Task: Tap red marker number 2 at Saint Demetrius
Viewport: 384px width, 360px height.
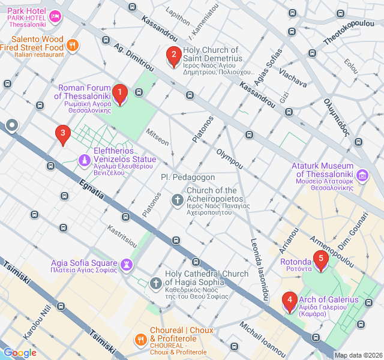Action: click(x=173, y=57)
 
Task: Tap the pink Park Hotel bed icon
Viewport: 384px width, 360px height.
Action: click(x=56, y=16)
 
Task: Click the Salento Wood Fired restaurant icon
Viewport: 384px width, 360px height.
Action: click(x=73, y=44)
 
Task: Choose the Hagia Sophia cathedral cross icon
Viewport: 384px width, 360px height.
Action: click(x=155, y=283)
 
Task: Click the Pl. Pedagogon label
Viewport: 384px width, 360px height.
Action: click(x=188, y=178)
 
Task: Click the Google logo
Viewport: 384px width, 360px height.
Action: click(x=20, y=352)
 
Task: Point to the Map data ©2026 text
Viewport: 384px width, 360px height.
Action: click(x=358, y=355)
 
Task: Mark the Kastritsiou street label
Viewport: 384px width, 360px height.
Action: click(x=122, y=237)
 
